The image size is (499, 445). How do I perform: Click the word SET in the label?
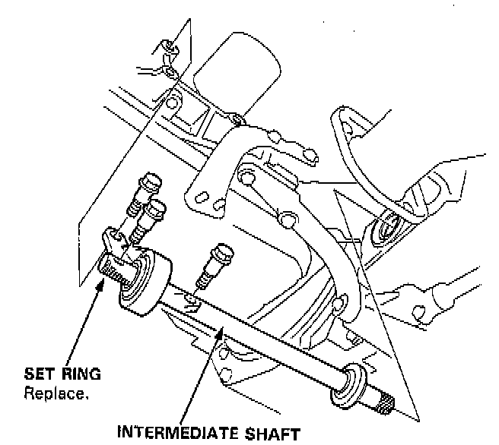(38, 374)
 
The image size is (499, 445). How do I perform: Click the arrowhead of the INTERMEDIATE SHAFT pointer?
(222, 326)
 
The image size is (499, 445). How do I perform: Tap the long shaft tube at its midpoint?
(259, 333)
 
